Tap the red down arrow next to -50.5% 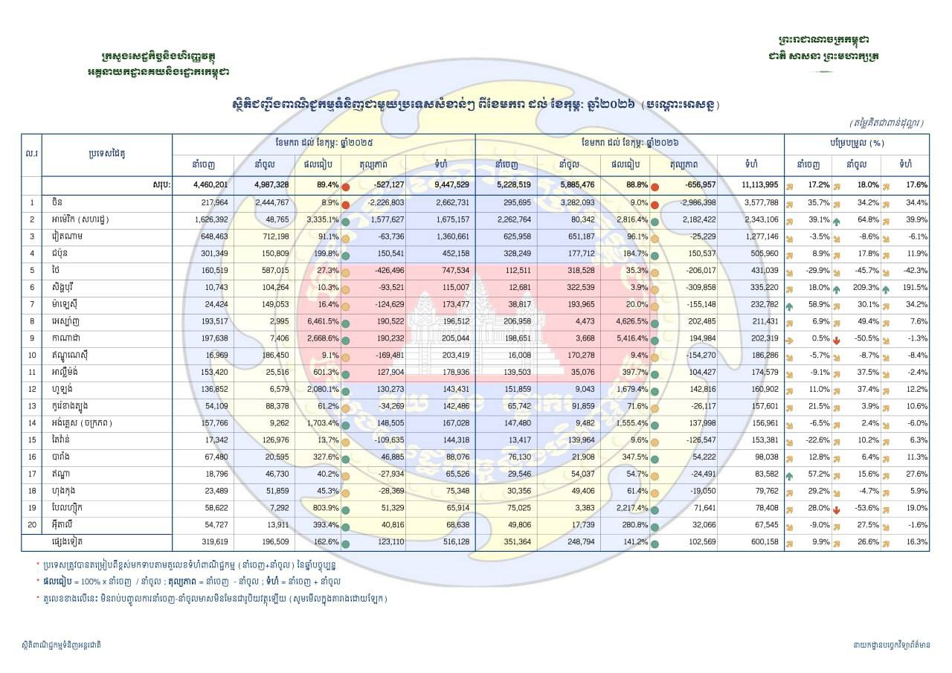[x=837, y=339]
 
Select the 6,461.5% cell [x=322, y=322]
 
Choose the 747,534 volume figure [x=452, y=271]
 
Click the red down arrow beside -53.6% [x=837, y=509]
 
